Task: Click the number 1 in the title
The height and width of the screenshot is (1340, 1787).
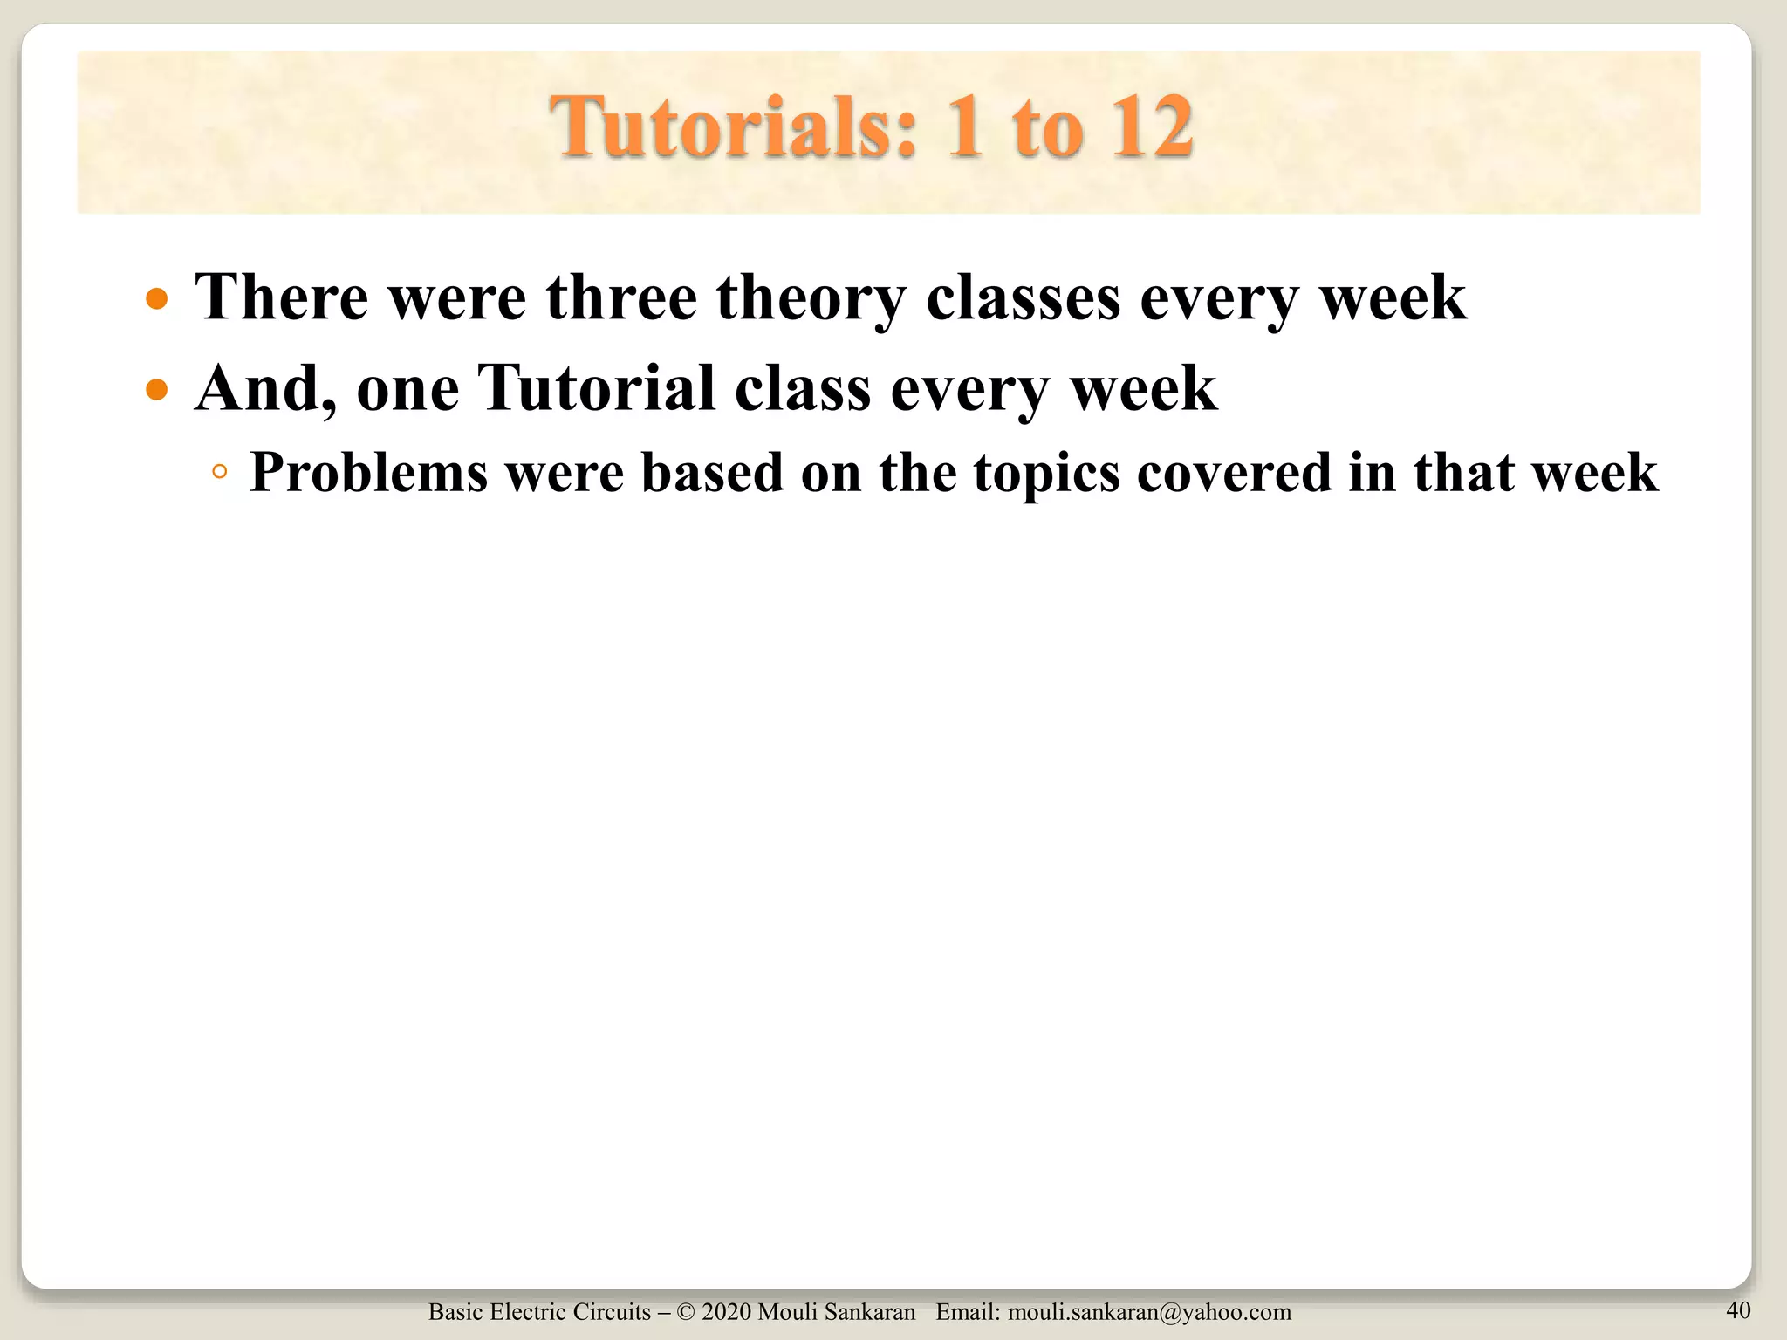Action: (x=965, y=128)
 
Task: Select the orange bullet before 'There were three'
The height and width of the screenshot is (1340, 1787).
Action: (x=157, y=300)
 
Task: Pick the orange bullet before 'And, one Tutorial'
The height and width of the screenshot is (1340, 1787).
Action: (x=157, y=390)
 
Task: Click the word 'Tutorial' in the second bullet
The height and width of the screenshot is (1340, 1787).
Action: (x=596, y=388)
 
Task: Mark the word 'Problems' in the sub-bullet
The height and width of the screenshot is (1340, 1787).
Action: (x=368, y=474)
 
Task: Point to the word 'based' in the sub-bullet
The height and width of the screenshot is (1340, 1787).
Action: (x=713, y=474)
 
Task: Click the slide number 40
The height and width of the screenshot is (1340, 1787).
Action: (x=1738, y=1309)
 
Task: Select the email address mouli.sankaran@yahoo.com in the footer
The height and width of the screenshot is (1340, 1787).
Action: (x=1149, y=1312)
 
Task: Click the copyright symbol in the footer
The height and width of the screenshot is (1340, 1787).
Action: (x=685, y=1312)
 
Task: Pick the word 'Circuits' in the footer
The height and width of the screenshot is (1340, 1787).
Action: (x=615, y=1312)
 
